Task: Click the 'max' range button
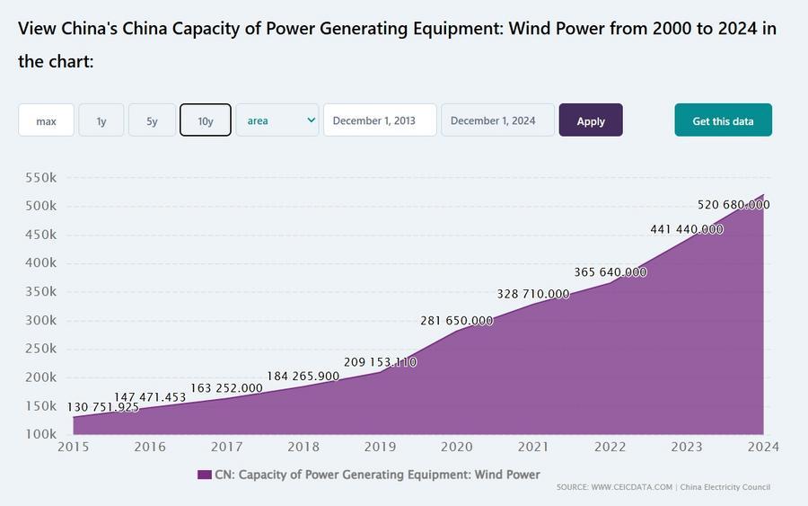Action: click(46, 120)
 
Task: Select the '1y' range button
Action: click(101, 120)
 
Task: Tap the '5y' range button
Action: click(151, 120)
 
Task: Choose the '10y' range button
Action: click(206, 120)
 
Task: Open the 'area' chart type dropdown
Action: click(277, 120)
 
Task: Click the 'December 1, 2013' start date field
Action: click(380, 120)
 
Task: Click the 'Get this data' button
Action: click(723, 120)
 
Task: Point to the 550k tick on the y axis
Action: click(40, 178)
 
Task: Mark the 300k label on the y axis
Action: click(40, 320)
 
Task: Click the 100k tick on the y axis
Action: click(40, 434)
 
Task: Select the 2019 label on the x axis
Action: click(380, 447)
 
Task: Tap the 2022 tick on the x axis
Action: click(610, 447)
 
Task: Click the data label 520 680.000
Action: click(733, 205)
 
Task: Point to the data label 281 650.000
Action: click(457, 321)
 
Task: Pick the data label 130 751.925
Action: click(103, 407)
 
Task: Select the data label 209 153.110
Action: click(380, 362)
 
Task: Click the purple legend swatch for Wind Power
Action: click(204, 475)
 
